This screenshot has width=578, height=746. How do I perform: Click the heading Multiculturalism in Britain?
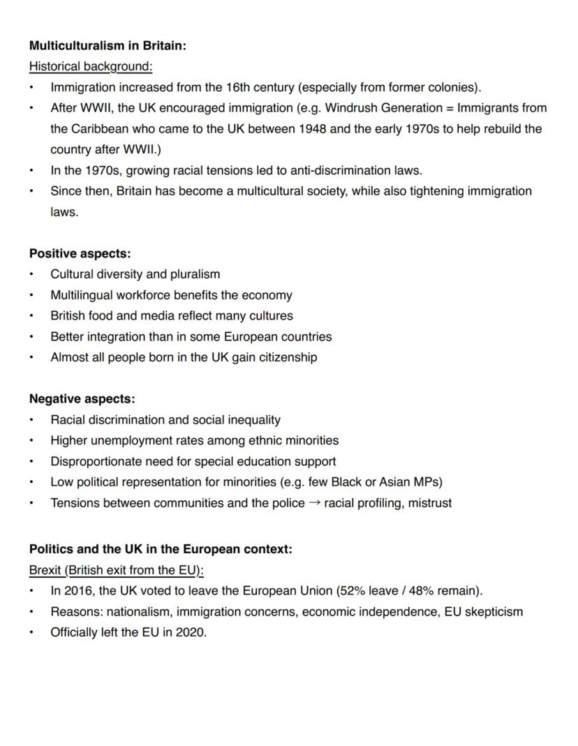(x=108, y=46)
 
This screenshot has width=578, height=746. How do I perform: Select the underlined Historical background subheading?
(x=91, y=67)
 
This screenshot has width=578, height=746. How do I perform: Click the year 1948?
(x=313, y=129)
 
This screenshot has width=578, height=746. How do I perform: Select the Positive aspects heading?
(x=80, y=254)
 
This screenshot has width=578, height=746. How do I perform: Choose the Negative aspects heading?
(x=82, y=399)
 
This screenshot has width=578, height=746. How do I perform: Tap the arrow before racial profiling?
(x=314, y=503)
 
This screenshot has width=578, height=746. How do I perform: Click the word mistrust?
(x=429, y=503)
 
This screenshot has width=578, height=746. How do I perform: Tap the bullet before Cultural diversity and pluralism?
(x=31, y=274)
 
